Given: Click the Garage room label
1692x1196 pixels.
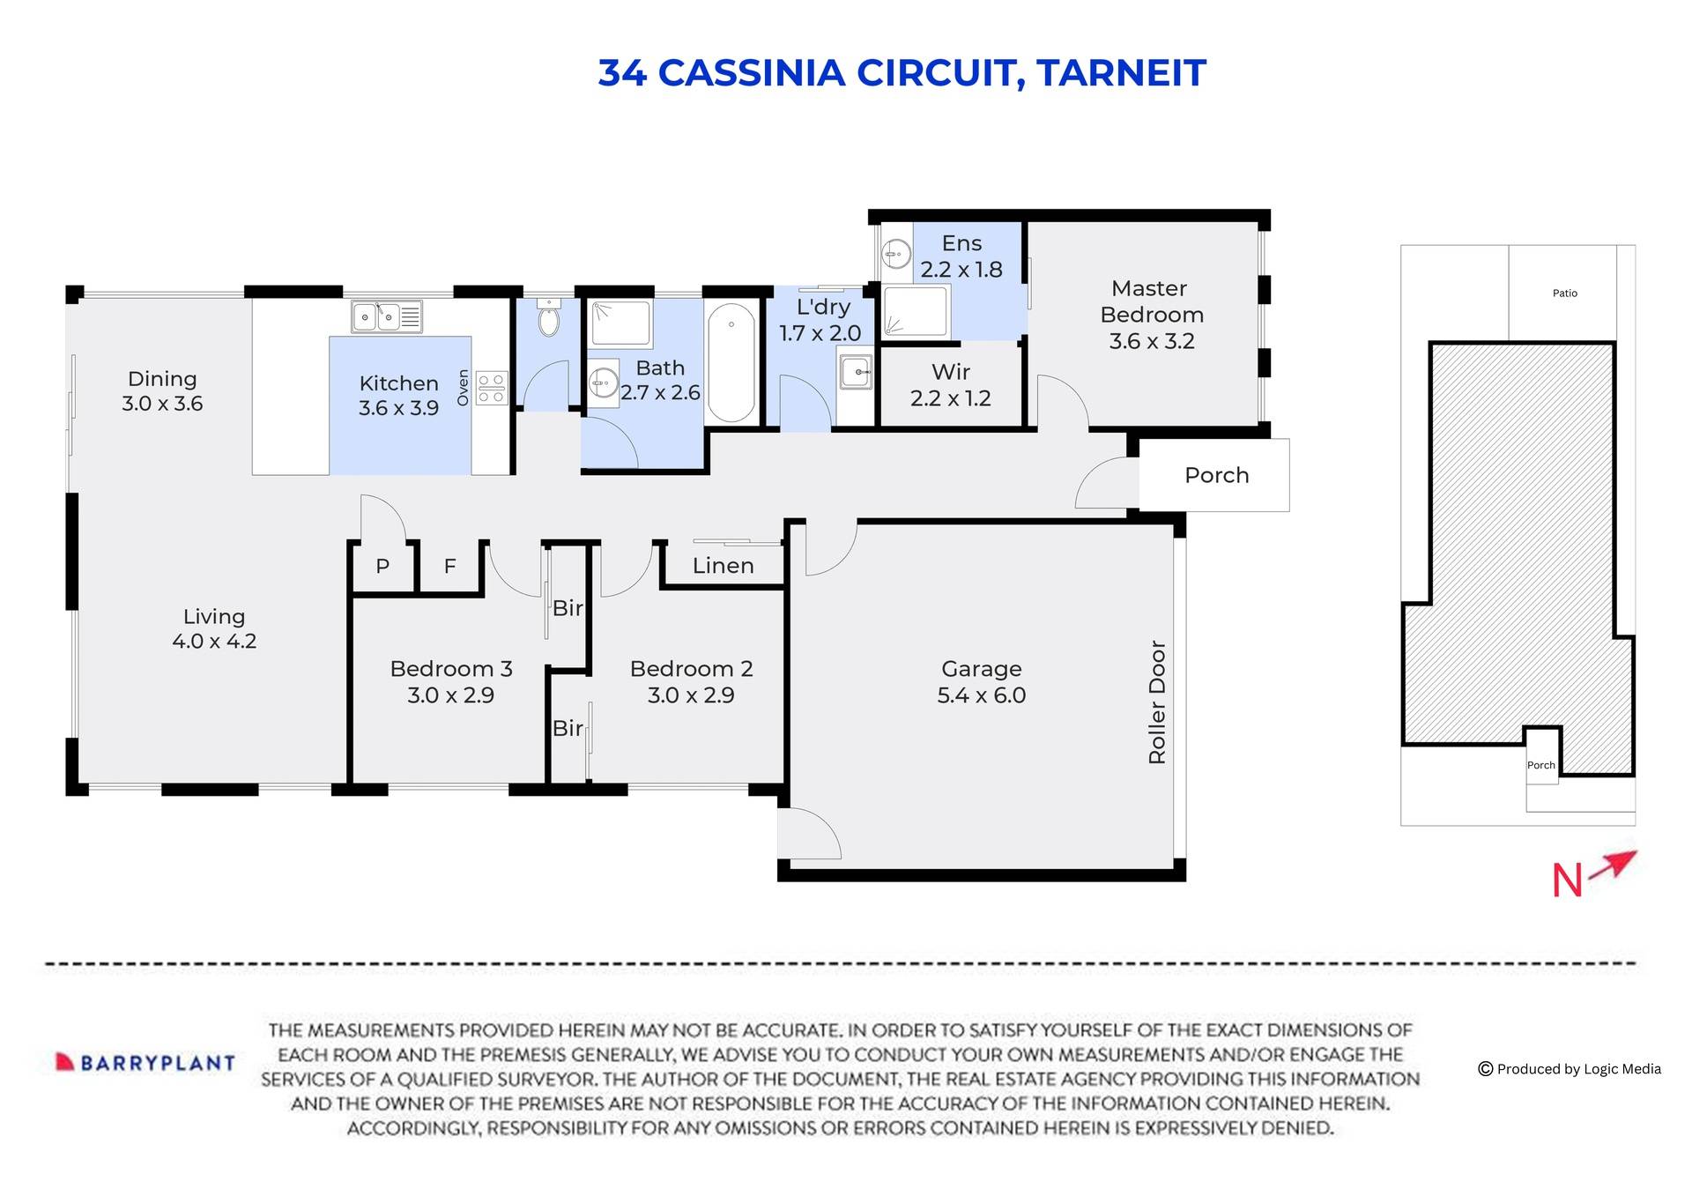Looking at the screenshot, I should (x=981, y=669).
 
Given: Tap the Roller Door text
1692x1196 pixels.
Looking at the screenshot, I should (x=1157, y=702).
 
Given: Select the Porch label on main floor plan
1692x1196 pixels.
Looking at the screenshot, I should (x=1216, y=475).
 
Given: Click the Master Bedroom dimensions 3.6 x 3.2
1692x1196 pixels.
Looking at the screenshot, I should (x=1152, y=341).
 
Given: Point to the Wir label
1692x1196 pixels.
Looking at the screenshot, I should (x=951, y=372).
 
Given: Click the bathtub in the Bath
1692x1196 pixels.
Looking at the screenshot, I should (x=731, y=363).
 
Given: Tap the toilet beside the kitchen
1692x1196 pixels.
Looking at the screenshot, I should (x=548, y=319).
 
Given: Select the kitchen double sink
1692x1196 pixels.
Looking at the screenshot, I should (x=387, y=316).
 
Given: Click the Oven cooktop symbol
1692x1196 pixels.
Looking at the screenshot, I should (x=492, y=388).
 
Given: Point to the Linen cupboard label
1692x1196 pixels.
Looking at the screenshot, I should (x=723, y=566).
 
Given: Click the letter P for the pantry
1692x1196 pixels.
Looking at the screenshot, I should (x=382, y=567).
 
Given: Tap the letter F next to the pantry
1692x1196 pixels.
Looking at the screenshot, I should (x=449, y=567).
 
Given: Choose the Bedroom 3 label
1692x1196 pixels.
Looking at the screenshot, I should (x=451, y=669).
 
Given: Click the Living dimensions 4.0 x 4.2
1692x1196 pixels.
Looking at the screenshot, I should (x=214, y=642).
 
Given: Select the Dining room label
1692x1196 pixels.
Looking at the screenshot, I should (x=162, y=379).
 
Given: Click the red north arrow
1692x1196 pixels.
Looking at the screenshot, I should (x=1616, y=865).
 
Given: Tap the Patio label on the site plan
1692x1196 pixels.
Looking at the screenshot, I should (x=1564, y=293).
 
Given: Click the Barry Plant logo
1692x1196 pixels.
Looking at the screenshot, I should (x=146, y=1062).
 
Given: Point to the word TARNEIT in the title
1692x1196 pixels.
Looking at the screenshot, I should (x=1121, y=73).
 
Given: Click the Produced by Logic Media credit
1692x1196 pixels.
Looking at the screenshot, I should (x=1570, y=1069).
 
